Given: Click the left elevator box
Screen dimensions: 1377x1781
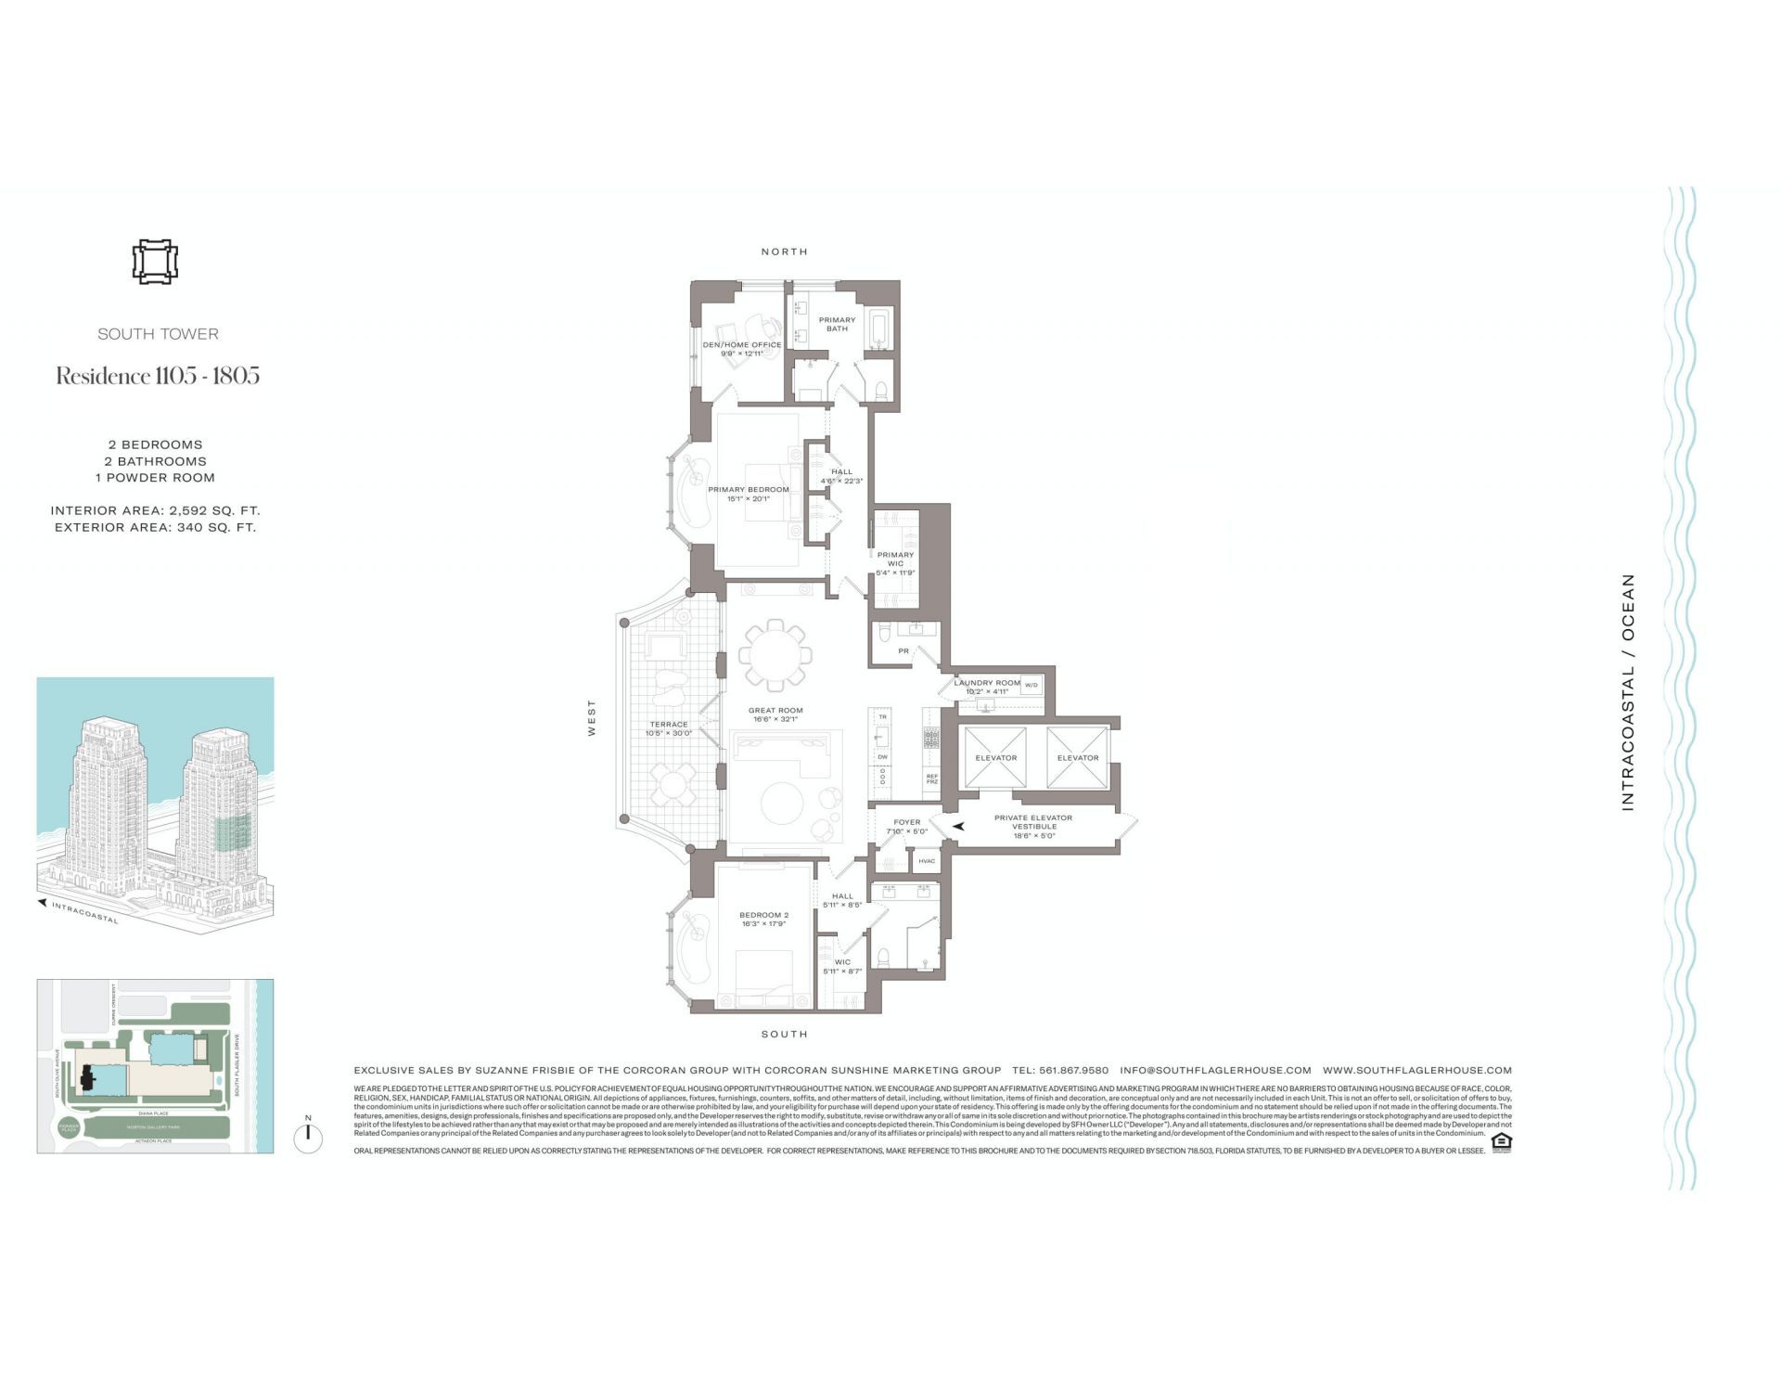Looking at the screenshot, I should pyautogui.click(x=995, y=758).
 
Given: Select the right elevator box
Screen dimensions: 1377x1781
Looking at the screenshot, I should pyautogui.click(x=1077, y=758).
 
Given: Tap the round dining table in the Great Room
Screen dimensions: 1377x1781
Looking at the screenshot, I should pyautogui.click(x=775, y=654).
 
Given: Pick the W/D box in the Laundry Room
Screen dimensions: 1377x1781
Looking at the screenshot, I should pyautogui.click(x=1031, y=685).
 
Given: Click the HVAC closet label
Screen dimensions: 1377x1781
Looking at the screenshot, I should pyautogui.click(x=926, y=861).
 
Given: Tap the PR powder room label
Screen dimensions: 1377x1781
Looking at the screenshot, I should pyautogui.click(x=903, y=651).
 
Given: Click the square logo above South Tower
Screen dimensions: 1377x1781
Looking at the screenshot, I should pyautogui.click(x=154, y=262).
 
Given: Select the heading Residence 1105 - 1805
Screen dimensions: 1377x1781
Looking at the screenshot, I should pyautogui.click(x=158, y=376).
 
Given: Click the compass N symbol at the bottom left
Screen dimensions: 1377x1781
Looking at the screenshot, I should pyautogui.click(x=308, y=1136).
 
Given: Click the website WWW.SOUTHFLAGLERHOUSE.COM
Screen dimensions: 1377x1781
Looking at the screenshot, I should pyautogui.click(x=1416, y=1070).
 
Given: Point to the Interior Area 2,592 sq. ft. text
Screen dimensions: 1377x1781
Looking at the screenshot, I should pyautogui.click(x=155, y=510).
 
